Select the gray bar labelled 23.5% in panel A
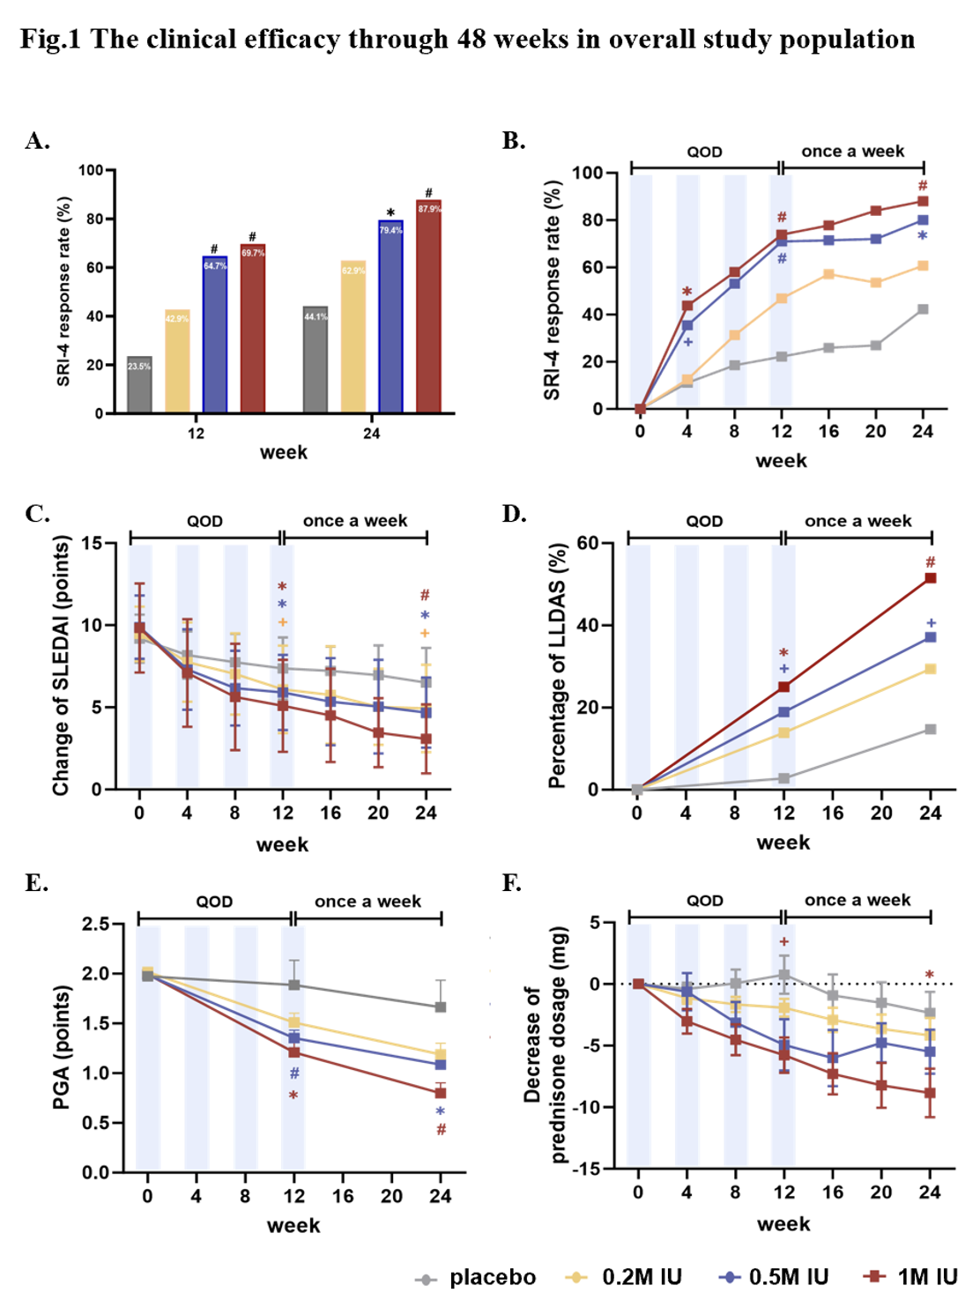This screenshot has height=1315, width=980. [x=139, y=385]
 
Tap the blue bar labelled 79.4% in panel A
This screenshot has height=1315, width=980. [x=390, y=317]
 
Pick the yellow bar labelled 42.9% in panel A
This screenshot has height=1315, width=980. [x=177, y=361]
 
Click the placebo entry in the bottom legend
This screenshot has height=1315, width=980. [x=477, y=1278]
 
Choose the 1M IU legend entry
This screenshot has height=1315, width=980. [x=912, y=1278]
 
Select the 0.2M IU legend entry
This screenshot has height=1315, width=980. [x=625, y=1278]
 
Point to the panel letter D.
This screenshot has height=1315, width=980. [x=513, y=514]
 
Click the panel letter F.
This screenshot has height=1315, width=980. [x=511, y=883]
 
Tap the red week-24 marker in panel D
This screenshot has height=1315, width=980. [x=931, y=578]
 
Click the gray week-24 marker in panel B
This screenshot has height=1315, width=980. [x=923, y=309]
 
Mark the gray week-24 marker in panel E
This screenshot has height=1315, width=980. [x=441, y=1007]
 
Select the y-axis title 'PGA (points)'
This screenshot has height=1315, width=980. [x=61, y=1047]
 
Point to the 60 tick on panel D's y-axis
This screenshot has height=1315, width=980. [x=589, y=543]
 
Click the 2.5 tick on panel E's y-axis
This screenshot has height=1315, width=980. [x=96, y=924]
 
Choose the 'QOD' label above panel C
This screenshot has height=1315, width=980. [x=204, y=521]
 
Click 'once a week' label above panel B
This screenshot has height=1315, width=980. [x=852, y=152]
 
